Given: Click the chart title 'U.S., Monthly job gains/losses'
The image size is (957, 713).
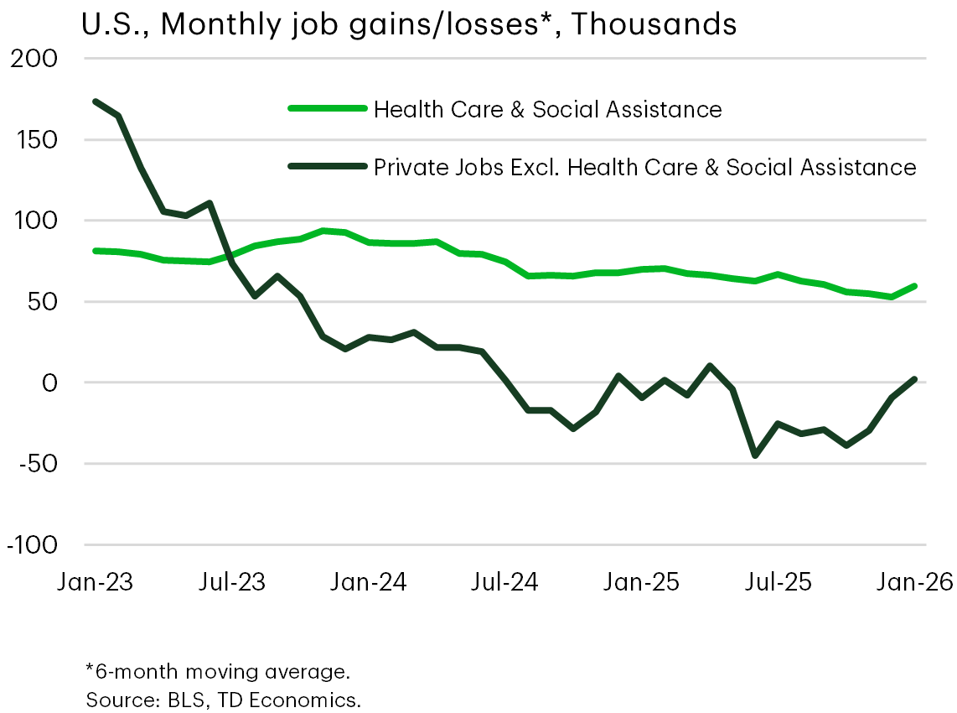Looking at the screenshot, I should tap(409, 24).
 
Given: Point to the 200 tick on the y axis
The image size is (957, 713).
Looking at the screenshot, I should tap(31, 60).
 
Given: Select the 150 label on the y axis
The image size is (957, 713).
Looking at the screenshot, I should tap(31, 140).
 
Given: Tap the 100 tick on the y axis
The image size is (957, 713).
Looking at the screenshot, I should tap(31, 221).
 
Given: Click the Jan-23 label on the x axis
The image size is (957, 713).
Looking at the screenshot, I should tap(96, 581).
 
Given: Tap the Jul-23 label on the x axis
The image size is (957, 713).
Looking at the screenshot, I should tap(231, 581).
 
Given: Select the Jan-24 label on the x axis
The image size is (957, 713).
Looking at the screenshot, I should tap(369, 581).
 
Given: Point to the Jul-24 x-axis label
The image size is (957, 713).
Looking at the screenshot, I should tap(505, 581).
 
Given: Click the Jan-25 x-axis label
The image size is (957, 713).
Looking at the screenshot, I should tap(642, 581).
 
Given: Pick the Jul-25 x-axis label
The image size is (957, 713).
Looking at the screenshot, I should tap(779, 581).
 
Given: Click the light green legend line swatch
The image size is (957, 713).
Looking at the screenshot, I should tap(327, 108).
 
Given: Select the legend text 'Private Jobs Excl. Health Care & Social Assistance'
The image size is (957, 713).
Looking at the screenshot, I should tap(644, 167).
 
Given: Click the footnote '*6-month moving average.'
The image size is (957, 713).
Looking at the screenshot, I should tap(218, 671).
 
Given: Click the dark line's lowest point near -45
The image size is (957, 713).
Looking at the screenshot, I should tap(756, 455).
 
